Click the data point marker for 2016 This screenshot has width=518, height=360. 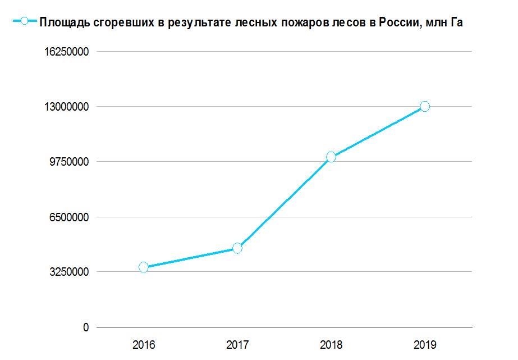[144, 267]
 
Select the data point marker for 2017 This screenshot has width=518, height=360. [237, 248]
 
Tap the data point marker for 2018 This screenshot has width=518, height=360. [331, 157]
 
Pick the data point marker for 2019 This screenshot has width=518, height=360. [425, 107]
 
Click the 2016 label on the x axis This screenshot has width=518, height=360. [144, 344]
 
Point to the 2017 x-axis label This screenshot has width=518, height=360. [237, 344]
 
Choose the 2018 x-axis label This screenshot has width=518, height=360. [331, 344]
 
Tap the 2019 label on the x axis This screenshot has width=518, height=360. [425, 344]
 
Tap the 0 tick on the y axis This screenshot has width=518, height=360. [86, 327]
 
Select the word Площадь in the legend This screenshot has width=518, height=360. [61, 22]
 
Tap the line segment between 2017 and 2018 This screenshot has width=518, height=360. [284, 203]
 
